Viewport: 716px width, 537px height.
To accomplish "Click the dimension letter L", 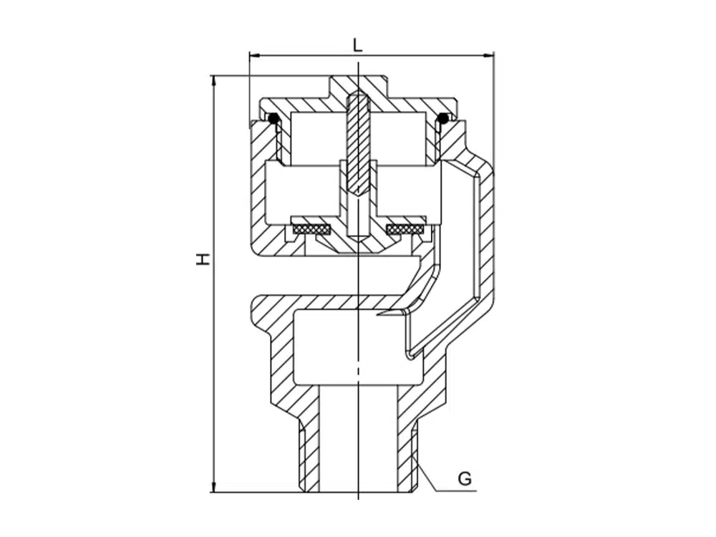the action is tap(358, 44).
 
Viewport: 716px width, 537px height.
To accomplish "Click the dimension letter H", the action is tap(203, 259).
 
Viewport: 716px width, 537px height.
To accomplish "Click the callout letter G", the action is tap(465, 479).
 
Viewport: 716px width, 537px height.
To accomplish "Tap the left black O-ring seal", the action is tap(274, 118).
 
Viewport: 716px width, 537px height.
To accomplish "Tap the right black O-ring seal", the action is tap(442, 118).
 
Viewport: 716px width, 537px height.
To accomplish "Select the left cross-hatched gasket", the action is tap(312, 228).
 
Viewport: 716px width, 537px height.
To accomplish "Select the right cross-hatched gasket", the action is tap(405, 228).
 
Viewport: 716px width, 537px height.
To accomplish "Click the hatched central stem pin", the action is tap(358, 143).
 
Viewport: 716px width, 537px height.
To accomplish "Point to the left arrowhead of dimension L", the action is tap(254, 55).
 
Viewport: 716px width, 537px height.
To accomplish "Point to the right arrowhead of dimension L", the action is tap(489, 55).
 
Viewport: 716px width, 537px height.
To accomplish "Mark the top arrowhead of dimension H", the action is tap(213, 80).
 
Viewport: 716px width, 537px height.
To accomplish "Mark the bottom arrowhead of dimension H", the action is tap(213, 487).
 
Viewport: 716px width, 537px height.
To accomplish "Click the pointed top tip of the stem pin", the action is tap(358, 94).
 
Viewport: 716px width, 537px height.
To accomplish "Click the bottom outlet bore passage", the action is tap(358, 438).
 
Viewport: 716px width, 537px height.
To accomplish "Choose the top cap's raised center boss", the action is tap(359, 87).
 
